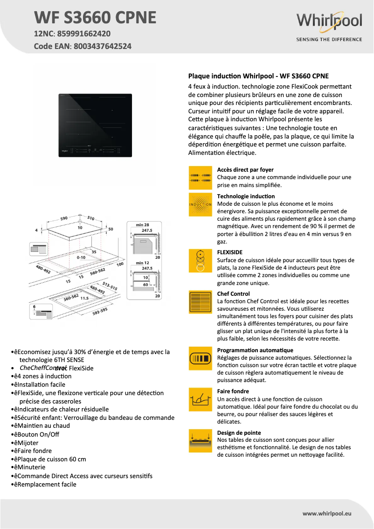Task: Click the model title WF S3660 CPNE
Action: (x=95, y=17)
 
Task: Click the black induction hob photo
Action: (x=95, y=125)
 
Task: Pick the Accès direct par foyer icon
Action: (x=200, y=177)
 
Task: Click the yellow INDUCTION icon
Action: (x=200, y=204)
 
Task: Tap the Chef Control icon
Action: (x=200, y=301)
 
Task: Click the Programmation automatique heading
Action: (x=255, y=350)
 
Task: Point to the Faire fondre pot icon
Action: (x=200, y=399)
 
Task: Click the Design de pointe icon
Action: (x=200, y=440)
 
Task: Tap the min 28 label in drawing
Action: (x=142, y=225)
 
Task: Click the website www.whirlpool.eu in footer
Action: (x=326, y=513)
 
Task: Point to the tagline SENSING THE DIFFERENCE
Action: (x=329, y=39)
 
